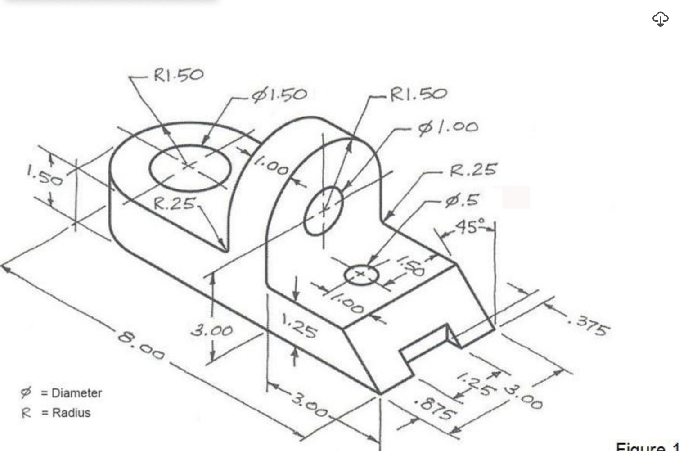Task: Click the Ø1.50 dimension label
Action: point(279,95)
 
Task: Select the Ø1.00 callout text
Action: point(448,127)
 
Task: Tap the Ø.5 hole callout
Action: point(462,200)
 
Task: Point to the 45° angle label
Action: point(471,226)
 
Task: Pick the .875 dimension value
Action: point(435,407)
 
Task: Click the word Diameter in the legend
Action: point(76,393)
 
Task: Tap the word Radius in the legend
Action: point(71,413)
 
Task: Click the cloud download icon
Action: point(660,19)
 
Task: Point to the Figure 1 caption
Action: point(648,447)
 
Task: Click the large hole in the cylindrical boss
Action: point(190,167)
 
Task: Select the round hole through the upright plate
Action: point(323,210)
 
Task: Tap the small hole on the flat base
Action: point(361,275)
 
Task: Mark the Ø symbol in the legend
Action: point(26,392)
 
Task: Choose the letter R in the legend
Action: point(26,413)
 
